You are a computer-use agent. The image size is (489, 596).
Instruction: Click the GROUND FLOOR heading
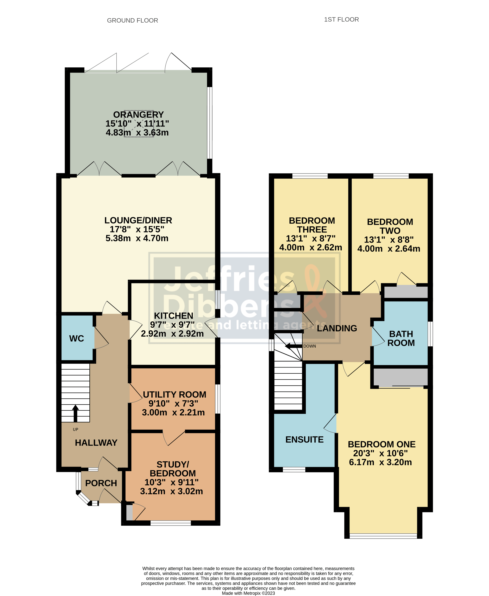click(132, 20)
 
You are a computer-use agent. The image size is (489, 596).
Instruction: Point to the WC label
click(76, 338)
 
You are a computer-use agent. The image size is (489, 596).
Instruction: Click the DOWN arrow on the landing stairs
click(293, 346)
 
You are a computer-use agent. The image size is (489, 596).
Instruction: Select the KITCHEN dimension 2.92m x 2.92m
click(172, 334)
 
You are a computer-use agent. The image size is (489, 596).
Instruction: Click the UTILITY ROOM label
click(174, 395)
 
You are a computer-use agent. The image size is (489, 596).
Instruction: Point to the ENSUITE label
click(304, 440)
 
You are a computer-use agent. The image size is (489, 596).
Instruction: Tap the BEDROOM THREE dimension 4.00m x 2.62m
click(310, 247)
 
